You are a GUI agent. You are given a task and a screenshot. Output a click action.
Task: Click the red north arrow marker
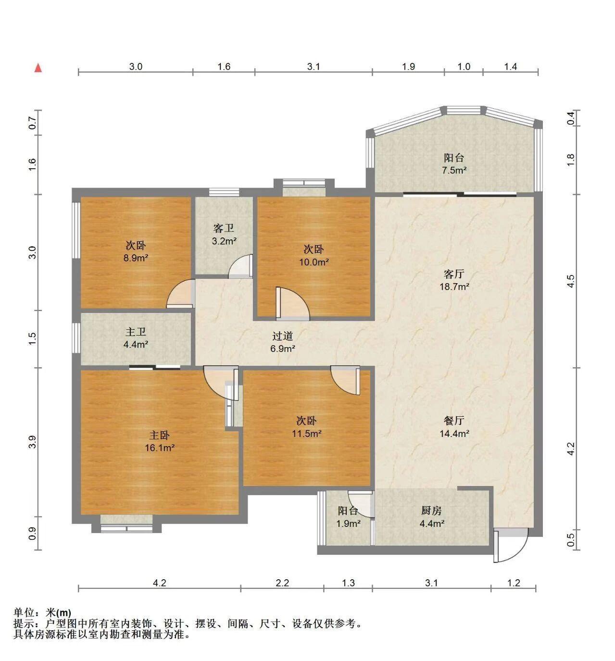pos(38,68)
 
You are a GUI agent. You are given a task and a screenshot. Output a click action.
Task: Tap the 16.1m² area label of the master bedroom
pos(160,448)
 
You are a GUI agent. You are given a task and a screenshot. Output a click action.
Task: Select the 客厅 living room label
pos(454,274)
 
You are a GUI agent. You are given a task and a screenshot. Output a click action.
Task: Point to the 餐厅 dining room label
pos(454,421)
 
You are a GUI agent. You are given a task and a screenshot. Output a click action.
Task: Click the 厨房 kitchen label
pos(431,511)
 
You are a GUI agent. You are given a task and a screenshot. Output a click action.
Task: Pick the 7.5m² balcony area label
pos(454,170)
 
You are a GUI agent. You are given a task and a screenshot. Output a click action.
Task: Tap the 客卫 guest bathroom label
pos(224,228)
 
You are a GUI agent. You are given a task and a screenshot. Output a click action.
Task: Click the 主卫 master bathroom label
pos(136,332)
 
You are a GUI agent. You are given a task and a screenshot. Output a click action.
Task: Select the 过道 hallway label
pos(282,336)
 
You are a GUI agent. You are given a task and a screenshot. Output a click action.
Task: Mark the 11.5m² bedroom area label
pos(307,434)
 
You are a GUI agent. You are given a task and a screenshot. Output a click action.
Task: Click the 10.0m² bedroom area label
pos(314,262)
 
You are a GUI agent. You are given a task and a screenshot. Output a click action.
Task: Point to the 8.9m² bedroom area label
pos(136,258)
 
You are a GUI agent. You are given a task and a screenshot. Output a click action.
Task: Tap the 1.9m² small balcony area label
pos(348,524)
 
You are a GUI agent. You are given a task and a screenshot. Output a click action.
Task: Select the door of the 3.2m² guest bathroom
pos(240,266)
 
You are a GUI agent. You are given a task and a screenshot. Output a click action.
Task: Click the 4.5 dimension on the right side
pos(571,281)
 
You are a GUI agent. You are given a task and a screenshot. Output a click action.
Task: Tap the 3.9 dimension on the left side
pos(32,442)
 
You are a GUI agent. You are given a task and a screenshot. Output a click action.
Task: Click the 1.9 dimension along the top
pos(409,66)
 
